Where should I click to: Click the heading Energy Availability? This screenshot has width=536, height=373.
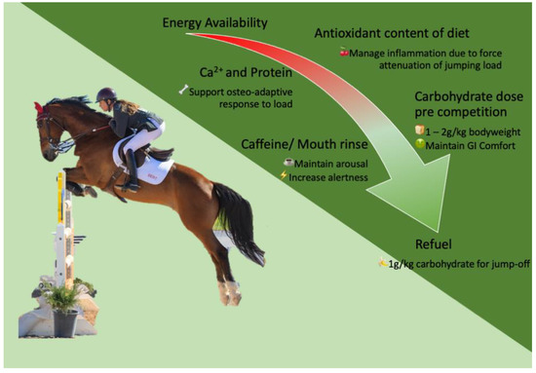(214, 23)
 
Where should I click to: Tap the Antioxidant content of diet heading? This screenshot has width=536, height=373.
(392, 33)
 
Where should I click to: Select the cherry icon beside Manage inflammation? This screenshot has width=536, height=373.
(344, 53)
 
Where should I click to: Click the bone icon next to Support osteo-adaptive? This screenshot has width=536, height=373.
(183, 90)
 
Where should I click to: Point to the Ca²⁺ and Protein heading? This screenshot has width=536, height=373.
(246, 72)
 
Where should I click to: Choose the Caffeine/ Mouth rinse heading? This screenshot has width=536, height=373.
(305, 144)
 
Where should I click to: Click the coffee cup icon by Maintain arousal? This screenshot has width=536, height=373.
(288, 163)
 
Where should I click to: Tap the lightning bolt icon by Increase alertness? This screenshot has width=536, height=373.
(284, 175)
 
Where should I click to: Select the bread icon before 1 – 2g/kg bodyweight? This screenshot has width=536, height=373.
(419, 130)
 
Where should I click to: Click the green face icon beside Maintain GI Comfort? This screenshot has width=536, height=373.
(419, 144)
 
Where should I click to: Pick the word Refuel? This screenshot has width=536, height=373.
(434, 244)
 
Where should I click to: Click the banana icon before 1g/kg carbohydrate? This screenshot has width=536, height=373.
(383, 262)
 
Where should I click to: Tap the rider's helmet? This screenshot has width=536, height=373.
(105, 94)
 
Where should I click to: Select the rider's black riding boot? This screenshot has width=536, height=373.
(132, 170)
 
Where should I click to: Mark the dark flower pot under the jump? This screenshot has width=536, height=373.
(64, 322)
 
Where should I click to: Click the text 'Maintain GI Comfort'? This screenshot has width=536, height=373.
(471, 146)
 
